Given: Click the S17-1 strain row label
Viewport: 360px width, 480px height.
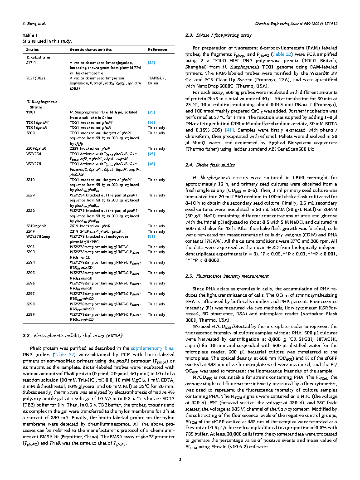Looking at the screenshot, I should [31, 63].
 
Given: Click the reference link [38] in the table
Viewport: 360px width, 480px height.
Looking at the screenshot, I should [151, 63].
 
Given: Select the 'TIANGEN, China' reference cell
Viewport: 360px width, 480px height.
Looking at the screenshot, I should [157, 80].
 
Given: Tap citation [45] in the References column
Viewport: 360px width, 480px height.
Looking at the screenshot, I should [151, 153].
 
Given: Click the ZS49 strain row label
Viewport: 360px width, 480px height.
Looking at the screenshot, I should [30, 231].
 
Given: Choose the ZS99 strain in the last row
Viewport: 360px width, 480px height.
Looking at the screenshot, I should [30, 314].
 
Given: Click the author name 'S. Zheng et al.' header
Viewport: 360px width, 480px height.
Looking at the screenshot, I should [34, 23].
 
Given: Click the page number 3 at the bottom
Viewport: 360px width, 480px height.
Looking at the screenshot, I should [180, 461].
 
